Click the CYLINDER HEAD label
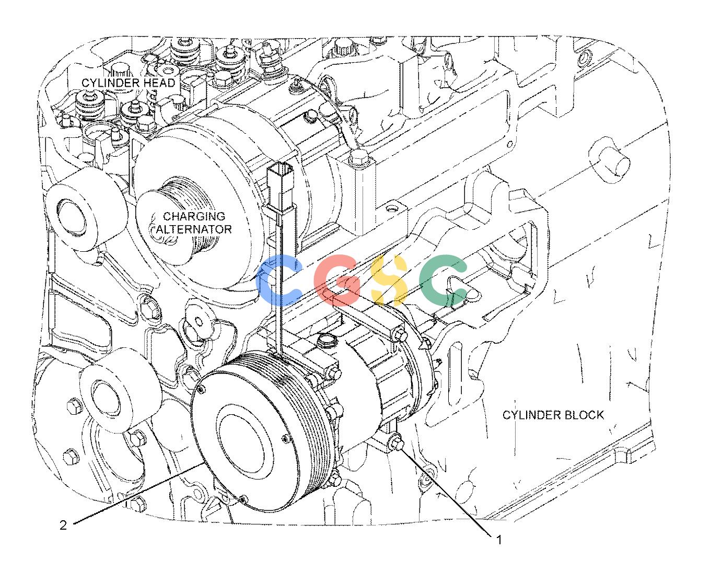tap(128, 83)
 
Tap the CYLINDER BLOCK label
tap(553, 415)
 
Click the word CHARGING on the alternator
tap(194, 216)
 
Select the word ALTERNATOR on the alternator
tap(194, 229)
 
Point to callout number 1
tap(499, 540)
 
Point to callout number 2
tap(63, 525)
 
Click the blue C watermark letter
tap(281, 279)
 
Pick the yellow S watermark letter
tap(389, 279)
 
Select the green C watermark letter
tap(444, 279)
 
